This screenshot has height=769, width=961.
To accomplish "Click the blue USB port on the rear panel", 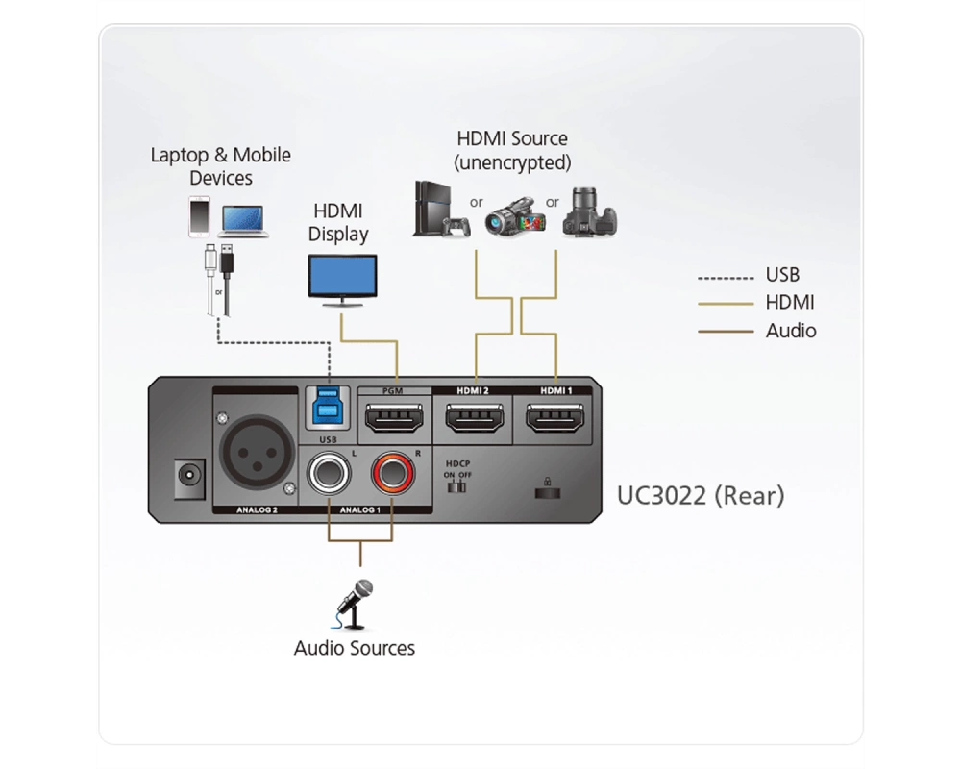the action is (x=328, y=406).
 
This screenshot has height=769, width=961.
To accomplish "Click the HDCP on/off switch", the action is (x=457, y=487).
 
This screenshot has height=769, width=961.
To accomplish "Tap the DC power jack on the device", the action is (x=188, y=477).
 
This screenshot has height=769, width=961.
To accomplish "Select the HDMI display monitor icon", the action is (x=342, y=281).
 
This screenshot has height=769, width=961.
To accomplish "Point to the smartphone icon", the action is (x=199, y=216).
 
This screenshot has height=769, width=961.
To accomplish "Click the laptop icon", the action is (x=243, y=221).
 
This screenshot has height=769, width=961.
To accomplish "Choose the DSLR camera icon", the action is (x=590, y=212).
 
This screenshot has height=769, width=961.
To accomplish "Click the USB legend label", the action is (x=782, y=275).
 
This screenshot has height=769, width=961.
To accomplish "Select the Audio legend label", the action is (x=791, y=331).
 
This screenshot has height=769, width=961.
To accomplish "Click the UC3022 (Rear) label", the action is (x=700, y=495).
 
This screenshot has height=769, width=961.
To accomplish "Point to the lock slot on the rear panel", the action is (x=548, y=489).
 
